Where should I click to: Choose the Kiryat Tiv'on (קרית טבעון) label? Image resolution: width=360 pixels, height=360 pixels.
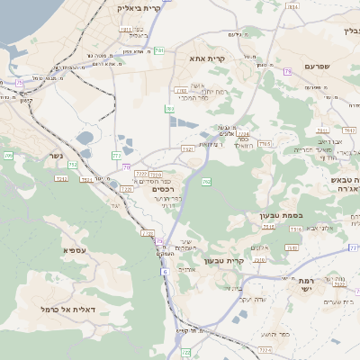pos(221,261)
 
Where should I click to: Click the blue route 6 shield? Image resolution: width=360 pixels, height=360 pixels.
pos(166,271)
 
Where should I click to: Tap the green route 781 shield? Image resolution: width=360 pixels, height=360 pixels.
pos(158,50)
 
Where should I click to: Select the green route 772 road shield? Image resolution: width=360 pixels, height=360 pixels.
pos(117,156)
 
